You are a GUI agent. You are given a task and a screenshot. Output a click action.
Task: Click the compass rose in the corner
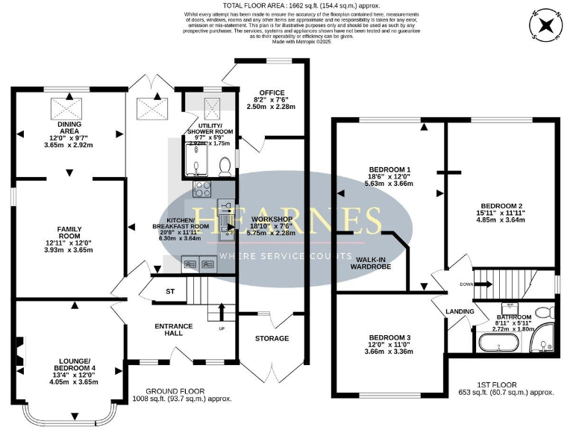[548, 25]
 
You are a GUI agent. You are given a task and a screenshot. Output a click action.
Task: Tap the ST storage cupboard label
[171, 292]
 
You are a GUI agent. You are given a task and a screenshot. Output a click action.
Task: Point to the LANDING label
[460, 311]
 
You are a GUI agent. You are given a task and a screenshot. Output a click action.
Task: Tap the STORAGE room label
[272, 338]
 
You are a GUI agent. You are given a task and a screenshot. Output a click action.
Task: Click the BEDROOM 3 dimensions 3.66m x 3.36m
[389, 352]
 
